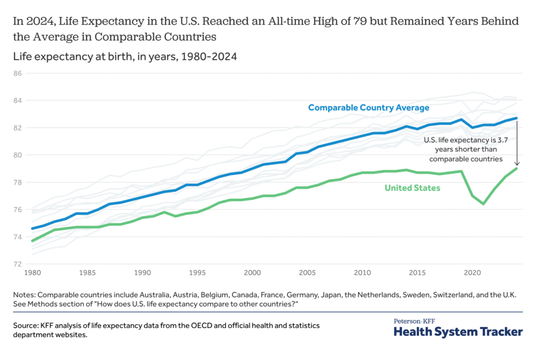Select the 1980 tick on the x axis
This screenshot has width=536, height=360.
[31, 273]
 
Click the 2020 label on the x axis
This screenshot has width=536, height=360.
[473, 273]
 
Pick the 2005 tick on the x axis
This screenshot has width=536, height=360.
[307, 273]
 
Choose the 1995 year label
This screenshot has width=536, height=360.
[197, 273]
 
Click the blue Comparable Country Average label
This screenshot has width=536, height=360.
[368, 108]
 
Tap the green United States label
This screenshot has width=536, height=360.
[412, 188]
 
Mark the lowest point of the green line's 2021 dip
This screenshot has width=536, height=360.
[483, 204]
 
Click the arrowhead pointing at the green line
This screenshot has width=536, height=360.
[516, 164]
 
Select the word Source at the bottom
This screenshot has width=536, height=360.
[27, 325]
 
